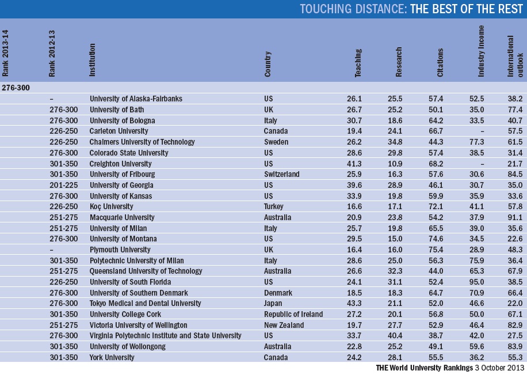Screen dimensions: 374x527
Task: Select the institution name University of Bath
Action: point(116,109)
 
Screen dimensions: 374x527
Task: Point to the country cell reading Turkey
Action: point(275,206)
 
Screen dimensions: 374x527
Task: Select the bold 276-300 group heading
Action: point(16,88)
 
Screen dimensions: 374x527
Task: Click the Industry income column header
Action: point(482,52)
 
